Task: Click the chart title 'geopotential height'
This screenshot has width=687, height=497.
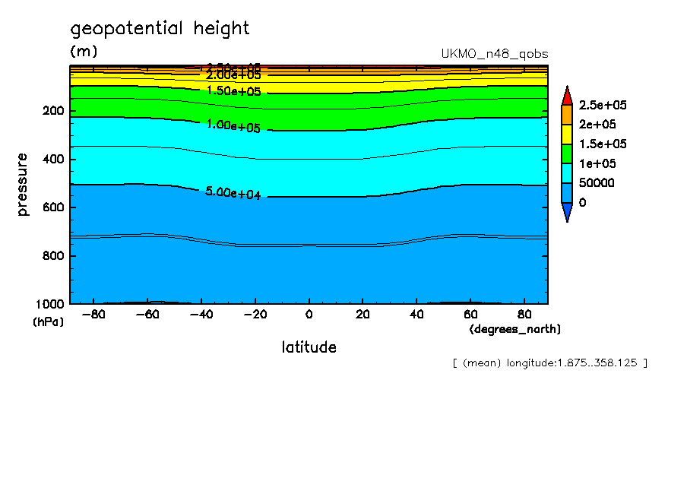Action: pyautogui.click(x=160, y=29)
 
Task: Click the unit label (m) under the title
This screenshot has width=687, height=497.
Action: pyautogui.click(x=84, y=52)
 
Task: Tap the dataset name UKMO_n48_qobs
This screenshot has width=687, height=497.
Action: pyautogui.click(x=495, y=54)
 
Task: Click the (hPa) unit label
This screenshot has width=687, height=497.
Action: pyautogui.click(x=49, y=321)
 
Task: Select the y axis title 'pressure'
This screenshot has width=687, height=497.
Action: pyautogui.click(x=23, y=185)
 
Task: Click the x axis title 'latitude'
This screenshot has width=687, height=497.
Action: pyautogui.click(x=309, y=347)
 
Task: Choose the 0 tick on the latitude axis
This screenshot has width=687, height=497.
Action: pyautogui.click(x=309, y=314)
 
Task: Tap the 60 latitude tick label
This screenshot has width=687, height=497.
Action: pyautogui.click(x=470, y=314)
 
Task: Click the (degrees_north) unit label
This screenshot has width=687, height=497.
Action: pyautogui.click(x=515, y=329)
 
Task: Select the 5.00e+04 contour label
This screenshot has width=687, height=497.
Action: pyautogui.click(x=233, y=193)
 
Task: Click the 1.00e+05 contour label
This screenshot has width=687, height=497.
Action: pyautogui.click(x=233, y=126)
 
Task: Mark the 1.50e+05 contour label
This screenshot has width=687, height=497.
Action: pyautogui.click(x=233, y=90)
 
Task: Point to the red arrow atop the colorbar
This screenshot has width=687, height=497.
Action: pyautogui.click(x=566, y=95)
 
